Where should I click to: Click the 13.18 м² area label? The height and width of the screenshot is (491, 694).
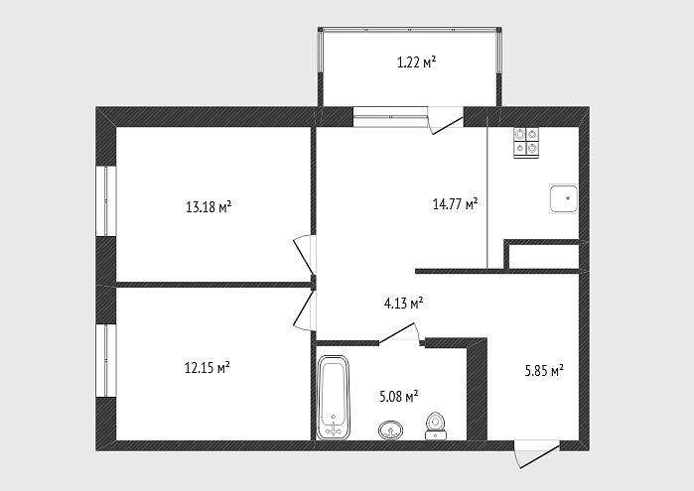click(x=208, y=206)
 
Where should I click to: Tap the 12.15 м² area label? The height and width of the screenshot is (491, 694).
click(x=208, y=367)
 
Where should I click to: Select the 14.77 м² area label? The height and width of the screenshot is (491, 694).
click(x=455, y=204)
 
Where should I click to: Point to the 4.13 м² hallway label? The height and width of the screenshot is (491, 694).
click(x=403, y=304)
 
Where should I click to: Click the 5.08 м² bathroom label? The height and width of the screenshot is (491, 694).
click(x=399, y=397)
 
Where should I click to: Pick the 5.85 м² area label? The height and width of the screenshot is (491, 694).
click(x=544, y=370)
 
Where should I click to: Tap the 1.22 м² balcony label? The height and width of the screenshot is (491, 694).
click(x=416, y=62)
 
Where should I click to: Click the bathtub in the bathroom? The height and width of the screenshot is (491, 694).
click(x=333, y=397)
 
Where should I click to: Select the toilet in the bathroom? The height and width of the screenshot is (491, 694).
click(x=436, y=426)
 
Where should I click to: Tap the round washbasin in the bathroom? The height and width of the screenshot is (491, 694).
click(x=391, y=430)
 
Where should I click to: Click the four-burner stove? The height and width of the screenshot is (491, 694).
click(x=526, y=143)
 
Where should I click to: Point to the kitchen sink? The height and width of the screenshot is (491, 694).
click(x=563, y=199)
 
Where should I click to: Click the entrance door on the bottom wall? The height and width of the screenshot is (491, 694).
click(x=537, y=453)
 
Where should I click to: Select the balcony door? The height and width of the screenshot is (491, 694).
click(x=446, y=120)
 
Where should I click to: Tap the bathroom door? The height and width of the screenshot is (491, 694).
click(x=399, y=333)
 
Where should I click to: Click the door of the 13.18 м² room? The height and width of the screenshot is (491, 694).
click(x=305, y=255)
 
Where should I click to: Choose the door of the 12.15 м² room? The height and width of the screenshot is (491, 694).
click(x=305, y=309)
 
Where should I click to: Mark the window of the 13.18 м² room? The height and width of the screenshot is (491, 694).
click(x=106, y=200)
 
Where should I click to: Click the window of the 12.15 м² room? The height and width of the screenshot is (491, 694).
click(x=106, y=360)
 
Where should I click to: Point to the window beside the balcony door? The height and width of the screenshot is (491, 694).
click(x=390, y=117)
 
